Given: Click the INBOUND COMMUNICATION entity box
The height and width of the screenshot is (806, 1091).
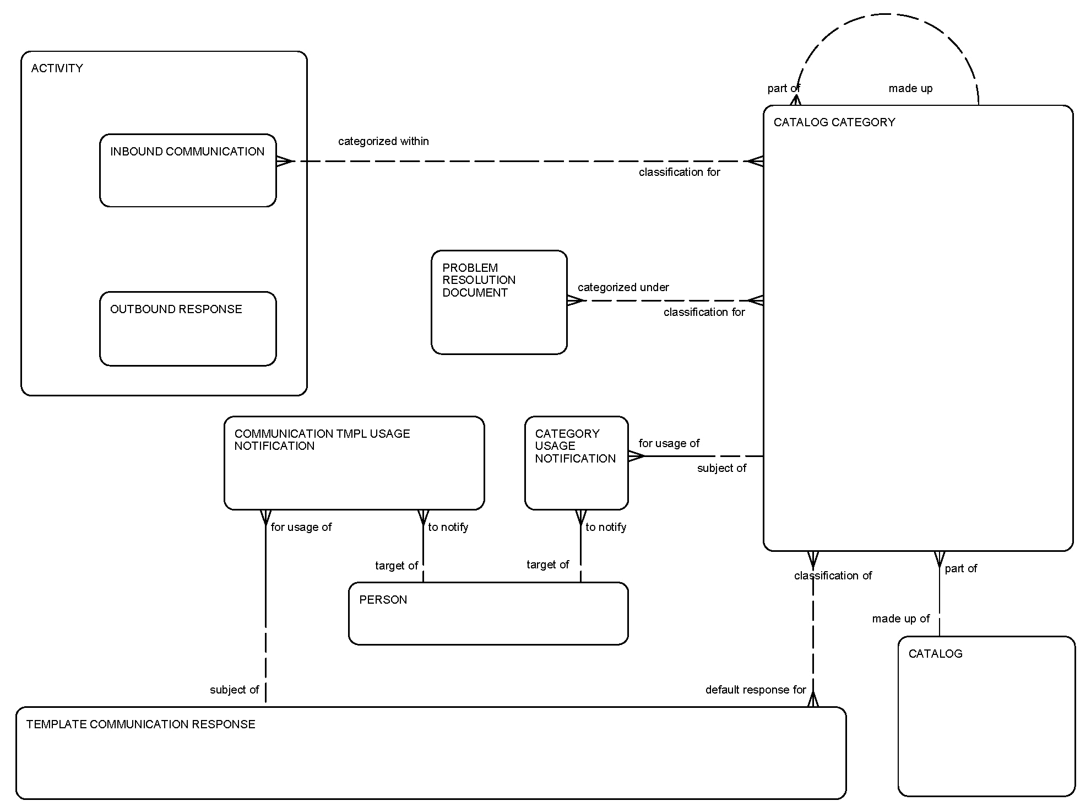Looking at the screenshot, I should point(187,171).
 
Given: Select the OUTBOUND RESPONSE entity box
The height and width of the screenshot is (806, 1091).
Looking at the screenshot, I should point(187,329).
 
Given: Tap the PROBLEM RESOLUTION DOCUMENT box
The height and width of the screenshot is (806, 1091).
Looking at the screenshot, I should point(498,303).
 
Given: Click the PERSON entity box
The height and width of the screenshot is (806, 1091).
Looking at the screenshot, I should point(488,614).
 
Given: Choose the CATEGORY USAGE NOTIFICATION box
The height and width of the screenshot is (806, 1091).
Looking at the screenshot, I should point(576,463).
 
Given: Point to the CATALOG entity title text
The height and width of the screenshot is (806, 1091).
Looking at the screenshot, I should point(935,654).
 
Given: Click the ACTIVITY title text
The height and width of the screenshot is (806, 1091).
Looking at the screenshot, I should point(57,68).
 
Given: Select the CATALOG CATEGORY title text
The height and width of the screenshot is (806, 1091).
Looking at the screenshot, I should point(834,122).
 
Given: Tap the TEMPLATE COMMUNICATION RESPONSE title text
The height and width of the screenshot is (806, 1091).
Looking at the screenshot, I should point(140,724).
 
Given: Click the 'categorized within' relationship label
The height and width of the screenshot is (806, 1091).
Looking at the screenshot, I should point(383,141).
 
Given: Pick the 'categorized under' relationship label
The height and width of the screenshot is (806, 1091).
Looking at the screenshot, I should point(623,287).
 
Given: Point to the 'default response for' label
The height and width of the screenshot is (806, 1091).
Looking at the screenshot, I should point(755,690).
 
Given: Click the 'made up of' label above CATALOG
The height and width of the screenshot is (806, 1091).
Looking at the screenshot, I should point(900,619).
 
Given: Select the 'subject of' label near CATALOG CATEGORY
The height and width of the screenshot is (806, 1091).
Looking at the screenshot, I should point(721,468).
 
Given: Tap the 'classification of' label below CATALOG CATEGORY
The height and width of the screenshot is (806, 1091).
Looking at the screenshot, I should point(833,576).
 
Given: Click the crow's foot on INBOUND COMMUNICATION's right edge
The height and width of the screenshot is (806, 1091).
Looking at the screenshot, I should point(284,161).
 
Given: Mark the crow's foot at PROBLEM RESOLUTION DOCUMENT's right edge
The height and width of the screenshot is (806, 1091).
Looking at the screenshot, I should point(575,300).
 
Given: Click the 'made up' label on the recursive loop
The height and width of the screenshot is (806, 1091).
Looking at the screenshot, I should point(910,88).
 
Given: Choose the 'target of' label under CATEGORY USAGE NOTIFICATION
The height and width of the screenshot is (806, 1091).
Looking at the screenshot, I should point(547,565).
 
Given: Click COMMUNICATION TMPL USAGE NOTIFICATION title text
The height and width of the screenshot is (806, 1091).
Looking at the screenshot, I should point(322,440).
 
